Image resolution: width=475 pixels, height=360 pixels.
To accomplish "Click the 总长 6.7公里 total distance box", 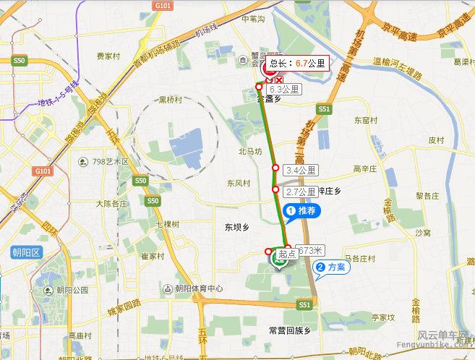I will coord(297,64).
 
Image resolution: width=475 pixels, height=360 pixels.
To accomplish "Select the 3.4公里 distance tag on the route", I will coord(301,171).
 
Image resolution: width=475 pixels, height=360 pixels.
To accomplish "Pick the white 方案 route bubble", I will coord(332,267).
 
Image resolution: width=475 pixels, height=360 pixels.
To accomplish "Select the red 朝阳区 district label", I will coord(26,252).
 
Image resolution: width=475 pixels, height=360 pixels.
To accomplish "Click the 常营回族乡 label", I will coord(288,330).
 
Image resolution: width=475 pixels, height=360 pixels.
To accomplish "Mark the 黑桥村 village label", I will coord(172,100).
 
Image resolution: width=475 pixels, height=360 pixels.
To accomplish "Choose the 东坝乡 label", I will coord(236,227).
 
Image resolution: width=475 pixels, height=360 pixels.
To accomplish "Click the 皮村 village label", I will coord(435,140).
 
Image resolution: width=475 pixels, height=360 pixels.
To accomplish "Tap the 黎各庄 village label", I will coord(427,196).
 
